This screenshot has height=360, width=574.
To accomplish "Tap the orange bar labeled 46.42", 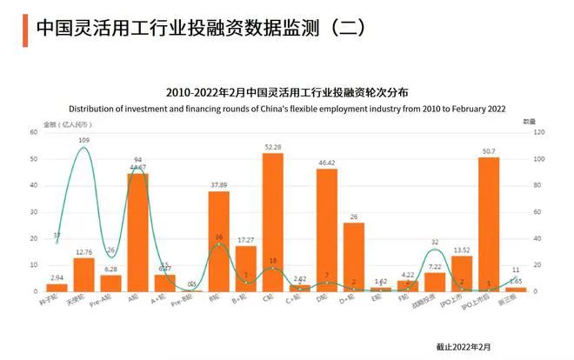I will (327, 230).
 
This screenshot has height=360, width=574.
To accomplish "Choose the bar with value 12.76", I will (83, 274).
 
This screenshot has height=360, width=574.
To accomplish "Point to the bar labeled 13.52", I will (462, 273).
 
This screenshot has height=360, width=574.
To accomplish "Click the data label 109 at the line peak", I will (83, 139).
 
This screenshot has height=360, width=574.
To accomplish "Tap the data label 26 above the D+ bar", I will (353, 216).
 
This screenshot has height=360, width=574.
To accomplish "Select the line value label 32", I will (435, 242).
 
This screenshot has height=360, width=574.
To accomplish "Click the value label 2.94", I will (57, 277).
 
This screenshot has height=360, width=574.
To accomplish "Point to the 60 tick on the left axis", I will (34, 132).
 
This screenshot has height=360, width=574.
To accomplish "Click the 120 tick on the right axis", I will (539, 132).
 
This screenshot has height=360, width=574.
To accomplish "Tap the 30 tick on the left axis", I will (34, 211).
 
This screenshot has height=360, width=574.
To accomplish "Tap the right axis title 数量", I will (528, 123).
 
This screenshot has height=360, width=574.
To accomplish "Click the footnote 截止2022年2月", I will (463, 345).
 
